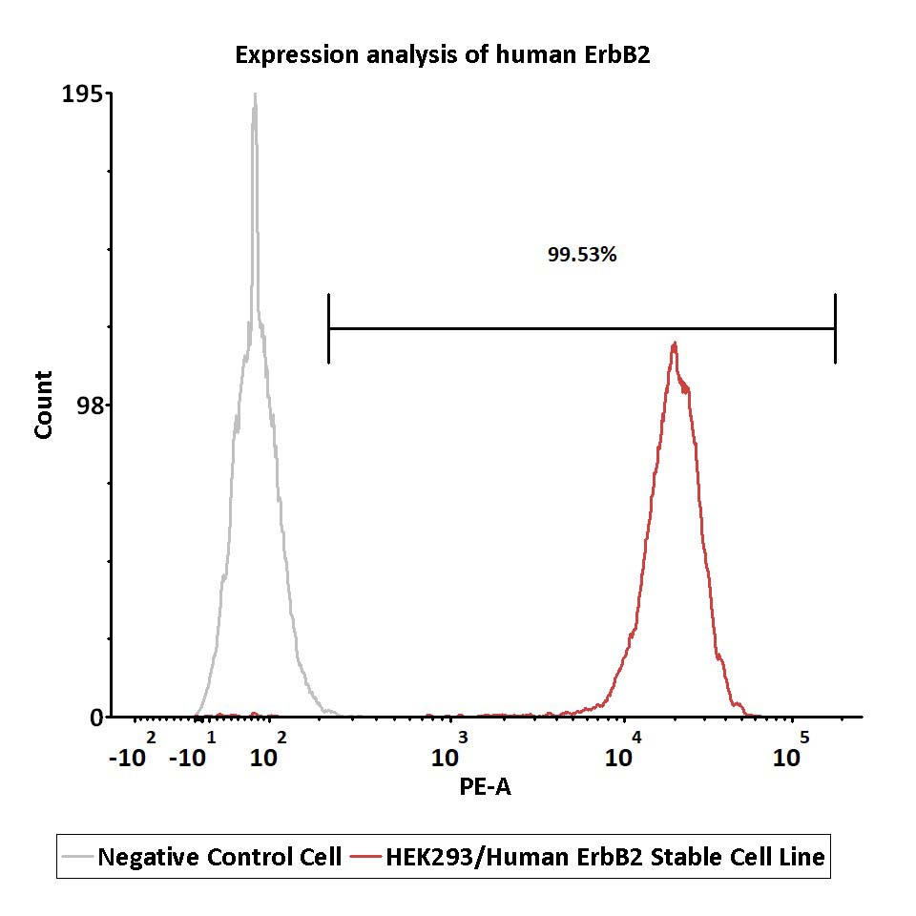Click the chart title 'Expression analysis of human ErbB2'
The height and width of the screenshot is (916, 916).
coord(442,55)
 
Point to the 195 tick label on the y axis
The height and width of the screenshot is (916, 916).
coord(82,94)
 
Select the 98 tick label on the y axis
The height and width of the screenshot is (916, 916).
coord(90,406)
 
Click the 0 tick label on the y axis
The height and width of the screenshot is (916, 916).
coord(96,718)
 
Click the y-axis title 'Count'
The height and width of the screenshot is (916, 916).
coord(43,405)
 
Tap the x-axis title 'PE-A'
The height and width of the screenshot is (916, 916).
coord(485,787)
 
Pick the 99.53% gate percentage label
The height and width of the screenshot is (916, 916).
coord(582,255)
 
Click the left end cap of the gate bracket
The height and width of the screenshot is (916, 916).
coord(329,328)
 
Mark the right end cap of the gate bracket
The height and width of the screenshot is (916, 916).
coord(836,328)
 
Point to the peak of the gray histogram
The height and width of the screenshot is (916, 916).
coord(255,94)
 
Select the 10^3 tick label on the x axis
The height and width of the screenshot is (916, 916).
coord(449,750)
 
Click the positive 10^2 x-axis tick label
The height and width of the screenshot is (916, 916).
coord(268,750)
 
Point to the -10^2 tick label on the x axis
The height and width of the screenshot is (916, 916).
coord(133,750)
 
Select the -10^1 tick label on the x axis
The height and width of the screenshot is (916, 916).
coord(193,750)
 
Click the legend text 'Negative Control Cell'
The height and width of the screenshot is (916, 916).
coord(219,857)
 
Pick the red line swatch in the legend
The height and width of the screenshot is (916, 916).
coord(366,857)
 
